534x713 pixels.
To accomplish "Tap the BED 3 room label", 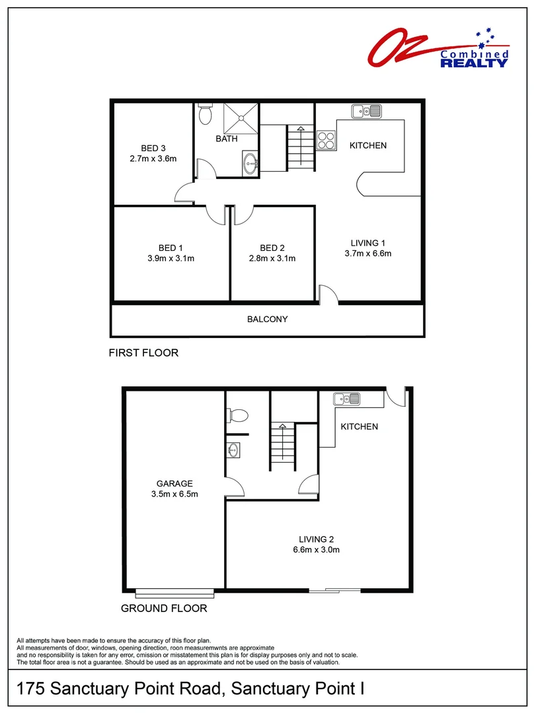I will pyautogui.click(x=153, y=147).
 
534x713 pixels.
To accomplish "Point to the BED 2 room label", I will pyautogui.click(x=272, y=248).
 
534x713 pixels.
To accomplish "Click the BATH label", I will pyautogui.click(x=227, y=139).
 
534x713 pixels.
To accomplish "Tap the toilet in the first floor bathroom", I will pyautogui.click(x=205, y=114).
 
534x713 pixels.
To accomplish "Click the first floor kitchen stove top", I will pyautogui.click(x=326, y=140).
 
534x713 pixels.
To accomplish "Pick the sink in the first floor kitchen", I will pyautogui.click(x=367, y=110).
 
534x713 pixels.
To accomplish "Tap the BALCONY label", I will pyautogui.click(x=267, y=320).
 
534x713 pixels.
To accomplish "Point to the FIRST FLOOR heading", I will pyautogui.click(x=143, y=353).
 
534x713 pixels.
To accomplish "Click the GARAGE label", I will pyautogui.click(x=174, y=483).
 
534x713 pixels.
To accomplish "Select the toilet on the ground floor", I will pyautogui.click(x=237, y=415).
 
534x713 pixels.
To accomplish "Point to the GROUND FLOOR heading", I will pyautogui.click(x=164, y=608).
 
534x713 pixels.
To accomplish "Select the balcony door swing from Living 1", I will pyautogui.click(x=328, y=294).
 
